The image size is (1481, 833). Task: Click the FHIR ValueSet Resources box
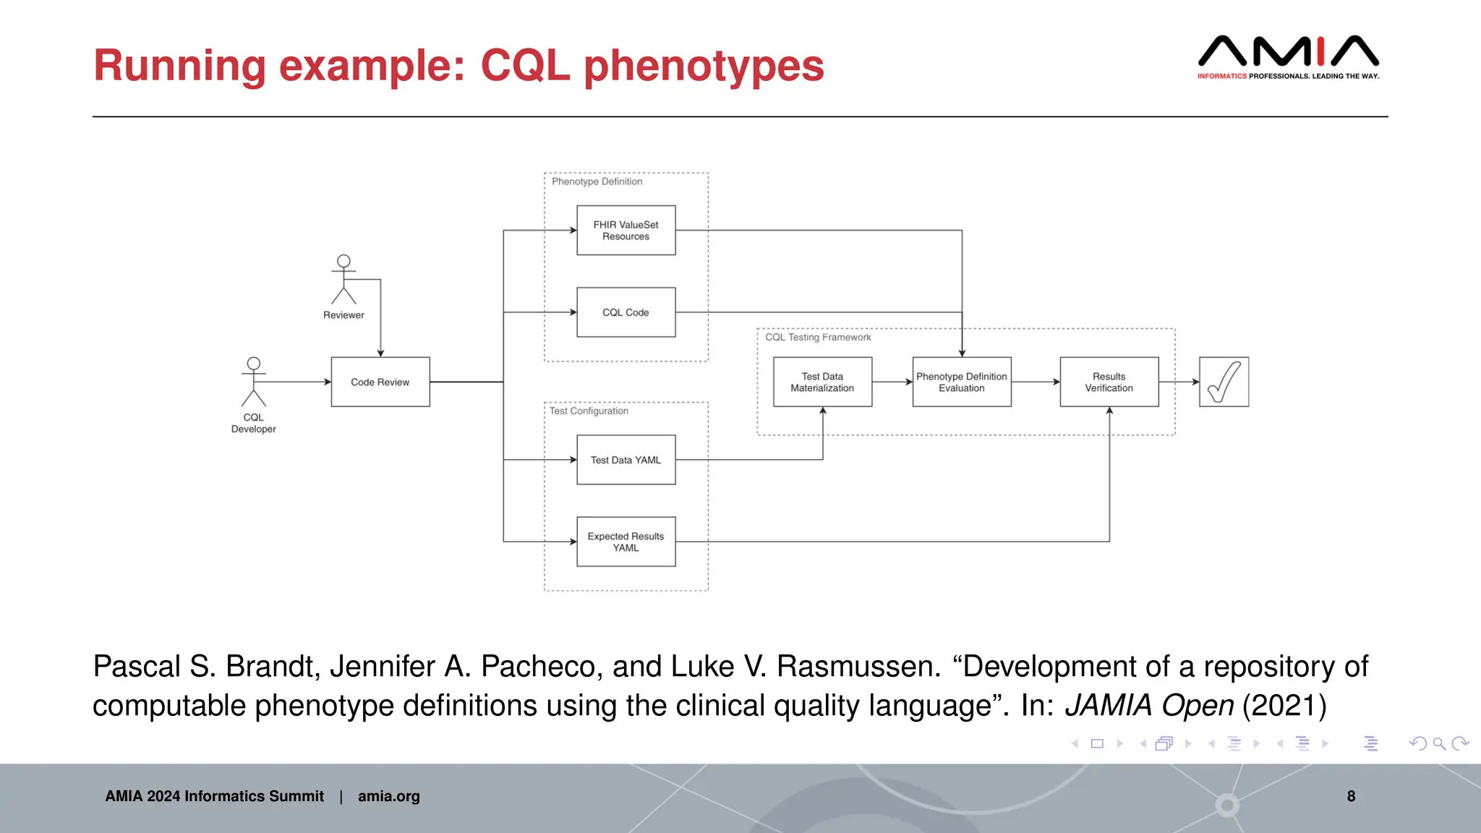pyautogui.click(x=626, y=230)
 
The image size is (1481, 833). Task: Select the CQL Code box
pyautogui.click(x=626, y=312)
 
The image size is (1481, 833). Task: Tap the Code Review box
pyautogui.click(x=380, y=382)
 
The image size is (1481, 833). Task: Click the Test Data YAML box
pyautogui.click(x=626, y=460)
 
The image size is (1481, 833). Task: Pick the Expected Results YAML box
pyautogui.click(x=626, y=542)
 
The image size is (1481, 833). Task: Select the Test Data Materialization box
pyautogui.click(x=822, y=382)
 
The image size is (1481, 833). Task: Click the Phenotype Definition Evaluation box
pyautogui.click(x=961, y=382)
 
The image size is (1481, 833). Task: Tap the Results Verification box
pyautogui.click(x=1109, y=382)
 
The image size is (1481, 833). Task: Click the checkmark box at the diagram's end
pyautogui.click(x=1224, y=382)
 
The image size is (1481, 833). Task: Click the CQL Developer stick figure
pyautogui.click(x=253, y=382)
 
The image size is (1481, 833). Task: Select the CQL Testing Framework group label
pyautogui.click(x=818, y=337)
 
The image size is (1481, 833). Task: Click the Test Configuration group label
pyautogui.click(x=589, y=411)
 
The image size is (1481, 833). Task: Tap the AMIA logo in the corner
pyautogui.click(x=1288, y=56)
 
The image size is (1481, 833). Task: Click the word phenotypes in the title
pyautogui.click(x=703, y=67)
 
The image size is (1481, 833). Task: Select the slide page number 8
pyautogui.click(x=1351, y=796)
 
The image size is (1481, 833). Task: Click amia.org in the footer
pyautogui.click(x=388, y=796)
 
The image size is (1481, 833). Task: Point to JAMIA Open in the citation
pyautogui.click(x=1149, y=706)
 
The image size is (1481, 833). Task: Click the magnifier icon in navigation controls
pyautogui.click(x=1439, y=743)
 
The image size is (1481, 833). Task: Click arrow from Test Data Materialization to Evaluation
pyautogui.click(x=892, y=382)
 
